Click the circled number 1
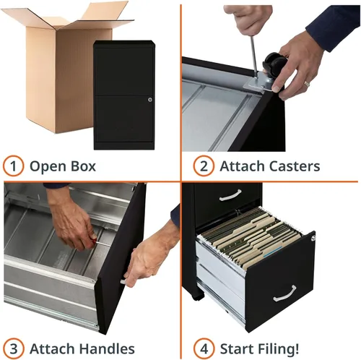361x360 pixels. click(x=13, y=166)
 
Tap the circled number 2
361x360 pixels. click(x=204, y=166)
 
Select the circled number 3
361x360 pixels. click(x=13, y=348)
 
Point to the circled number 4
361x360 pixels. click(x=204, y=348)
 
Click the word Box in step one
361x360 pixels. click(x=83, y=166)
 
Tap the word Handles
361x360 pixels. click(x=107, y=348)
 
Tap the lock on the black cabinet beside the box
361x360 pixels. click(x=150, y=99)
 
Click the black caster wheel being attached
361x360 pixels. click(x=274, y=62)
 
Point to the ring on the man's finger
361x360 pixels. click(x=307, y=84)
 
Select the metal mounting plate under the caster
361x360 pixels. click(x=258, y=84)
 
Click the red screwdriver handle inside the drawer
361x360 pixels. click(x=92, y=241)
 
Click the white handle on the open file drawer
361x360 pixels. click(x=284, y=293)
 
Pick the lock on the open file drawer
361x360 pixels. click(x=313, y=239)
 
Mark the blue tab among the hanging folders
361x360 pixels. click(x=273, y=251)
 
